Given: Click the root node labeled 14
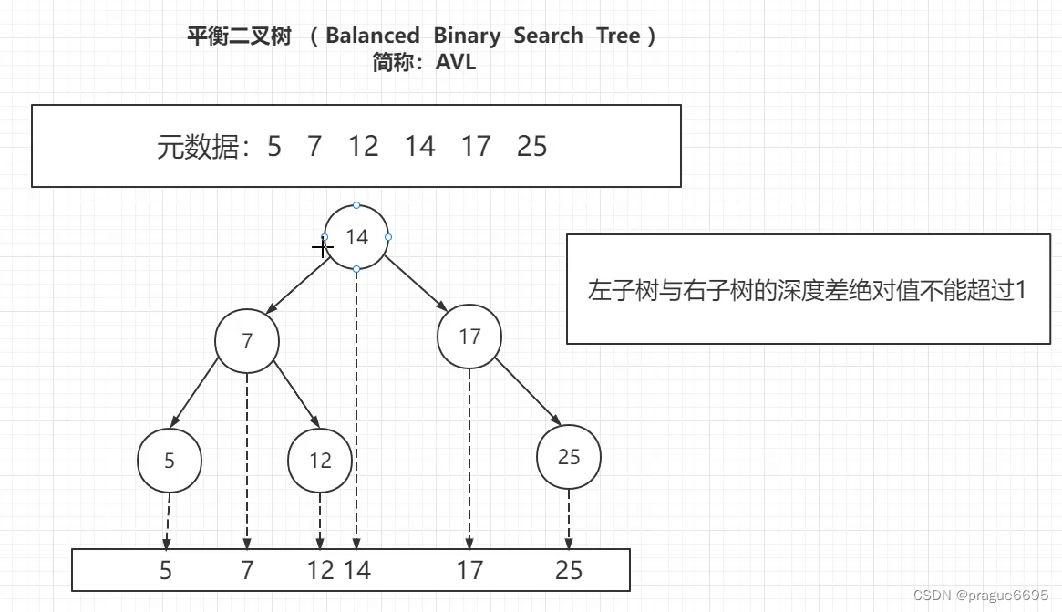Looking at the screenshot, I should click(356, 237).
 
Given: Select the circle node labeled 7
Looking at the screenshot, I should click(247, 341).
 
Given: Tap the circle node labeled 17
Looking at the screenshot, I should click(469, 337).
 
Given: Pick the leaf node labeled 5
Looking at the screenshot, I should click(170, 461).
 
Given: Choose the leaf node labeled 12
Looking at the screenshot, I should click(320, 461).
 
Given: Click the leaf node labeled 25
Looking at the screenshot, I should click(569, 457).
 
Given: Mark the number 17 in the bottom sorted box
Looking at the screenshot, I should click(469, 571).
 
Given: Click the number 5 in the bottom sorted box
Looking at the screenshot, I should click(166, 571).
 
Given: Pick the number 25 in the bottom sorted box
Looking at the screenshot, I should click(569, 571).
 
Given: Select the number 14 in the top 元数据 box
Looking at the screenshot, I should click(420, 146).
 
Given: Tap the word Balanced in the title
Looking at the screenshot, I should click(372, 36).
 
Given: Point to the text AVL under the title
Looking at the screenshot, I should click(456, 63).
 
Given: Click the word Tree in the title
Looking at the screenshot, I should click(618, 36).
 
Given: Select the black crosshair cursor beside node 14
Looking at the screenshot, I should click(322, 246).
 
